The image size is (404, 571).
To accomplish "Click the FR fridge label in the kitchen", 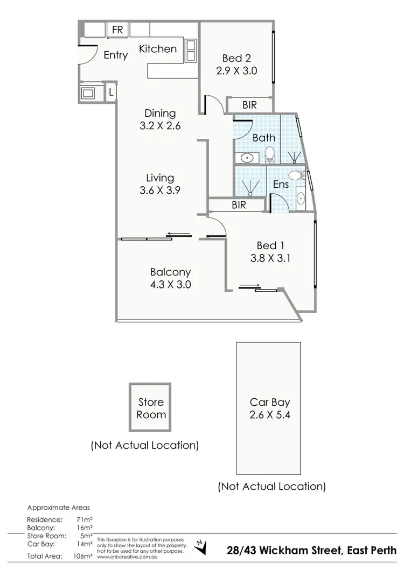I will tap(117, 30).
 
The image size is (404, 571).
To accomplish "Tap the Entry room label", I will tap(115, 55).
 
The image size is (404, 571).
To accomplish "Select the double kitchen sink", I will tap(190, 50).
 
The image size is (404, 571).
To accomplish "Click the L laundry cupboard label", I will tap(111, 91).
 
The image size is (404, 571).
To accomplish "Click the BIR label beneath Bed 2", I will tap(249, 105).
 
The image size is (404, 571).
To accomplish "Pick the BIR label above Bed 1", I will tap(239, 205).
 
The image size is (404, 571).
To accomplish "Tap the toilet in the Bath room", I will tap(269, 153).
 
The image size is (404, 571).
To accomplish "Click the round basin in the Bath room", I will tap(247, 158).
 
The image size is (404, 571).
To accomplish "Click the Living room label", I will tap(160, 177).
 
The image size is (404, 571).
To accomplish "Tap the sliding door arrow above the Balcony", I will tap(179, 234).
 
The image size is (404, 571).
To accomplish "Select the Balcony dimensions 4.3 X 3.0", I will tap(170, 285).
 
